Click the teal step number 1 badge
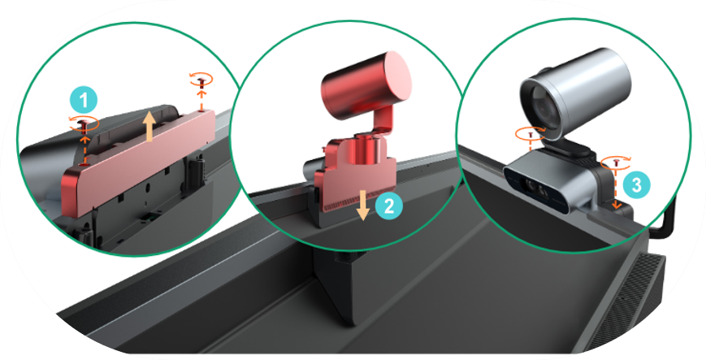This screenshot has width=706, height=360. pos(84,101)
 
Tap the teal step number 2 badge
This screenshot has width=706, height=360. pos(388,206)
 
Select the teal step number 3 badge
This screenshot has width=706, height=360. pos(636,184)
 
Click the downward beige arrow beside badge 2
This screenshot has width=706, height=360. pos(364,205)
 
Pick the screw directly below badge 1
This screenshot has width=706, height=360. pos(84,126)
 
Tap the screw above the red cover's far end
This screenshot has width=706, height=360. pos(201,82)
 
